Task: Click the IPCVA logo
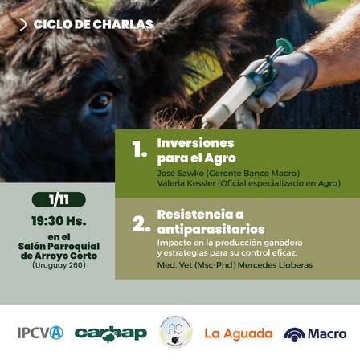point(40,333)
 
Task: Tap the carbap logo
point(111,333)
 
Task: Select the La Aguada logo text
point(239,333)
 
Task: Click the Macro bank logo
point(315,334)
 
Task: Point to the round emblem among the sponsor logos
point(176,332)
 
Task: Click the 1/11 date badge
point(59,199)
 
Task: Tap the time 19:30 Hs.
point(59,221)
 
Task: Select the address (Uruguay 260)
point(59,265)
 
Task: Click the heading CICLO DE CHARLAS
point(93,24)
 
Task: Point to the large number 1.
point(139,149)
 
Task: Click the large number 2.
point(141,224)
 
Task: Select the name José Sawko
point(181,173)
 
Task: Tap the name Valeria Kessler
point(186,183)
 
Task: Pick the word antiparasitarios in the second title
point(211,229)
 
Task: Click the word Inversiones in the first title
point(195,143)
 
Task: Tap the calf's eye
point(100,101)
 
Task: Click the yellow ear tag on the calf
point(202,71)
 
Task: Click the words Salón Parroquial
point(59,246)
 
